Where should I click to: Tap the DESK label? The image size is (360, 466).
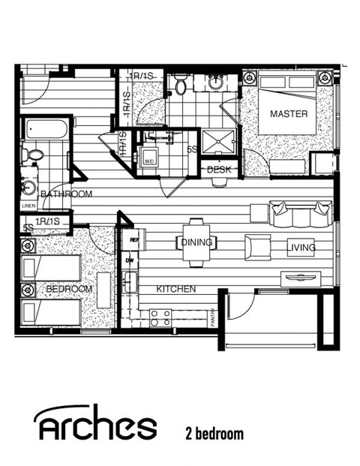coord(219,170)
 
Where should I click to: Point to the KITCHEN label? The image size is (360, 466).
coord(175,289)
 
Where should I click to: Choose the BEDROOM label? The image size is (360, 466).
coord(68,289)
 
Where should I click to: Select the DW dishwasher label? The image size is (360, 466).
coord(129,261)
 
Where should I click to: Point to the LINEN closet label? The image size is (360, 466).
coord(28,206)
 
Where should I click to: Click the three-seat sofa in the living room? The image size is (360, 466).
coord(301,215)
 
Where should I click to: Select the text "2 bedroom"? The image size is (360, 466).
coord(214,433)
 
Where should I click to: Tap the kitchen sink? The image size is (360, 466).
coord(130,283)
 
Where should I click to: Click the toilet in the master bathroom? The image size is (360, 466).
coord(180,85)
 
